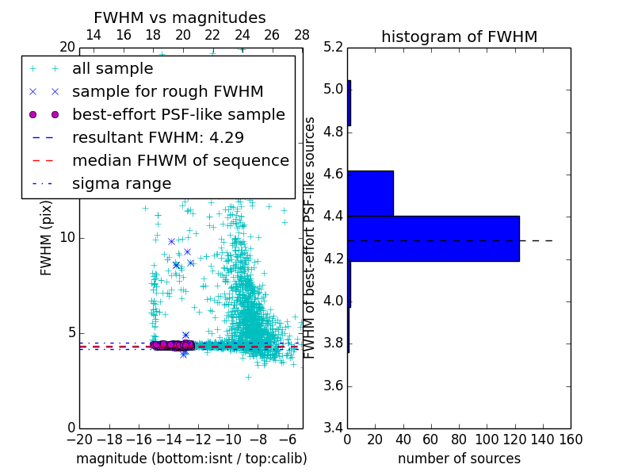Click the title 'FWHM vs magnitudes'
[x=180, y=18]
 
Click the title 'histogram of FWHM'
[x=459, y=36]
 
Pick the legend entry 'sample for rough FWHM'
[x=167, y=91]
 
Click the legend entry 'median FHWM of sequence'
[x=180, y=160]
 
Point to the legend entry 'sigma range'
[x=121, y=183]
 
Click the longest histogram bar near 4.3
[x=433, y=238]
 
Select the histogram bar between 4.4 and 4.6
[x=370, y=193]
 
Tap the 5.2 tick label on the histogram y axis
[x=334, y=47]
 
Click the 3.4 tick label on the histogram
[x=334, y=428]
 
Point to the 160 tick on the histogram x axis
[x=570, y=439]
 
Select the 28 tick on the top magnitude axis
[x=302, y=35]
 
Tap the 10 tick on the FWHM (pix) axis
[x=67, y=238]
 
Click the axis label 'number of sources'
[x=459, y=459]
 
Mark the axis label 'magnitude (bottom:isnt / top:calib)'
[x=191, y=459]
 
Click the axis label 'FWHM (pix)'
[x=47, y=238]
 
